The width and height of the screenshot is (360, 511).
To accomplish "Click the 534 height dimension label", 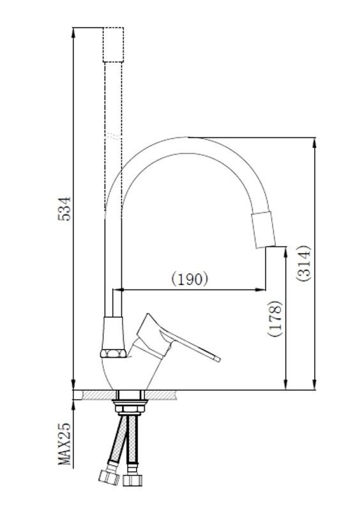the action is (64, 209).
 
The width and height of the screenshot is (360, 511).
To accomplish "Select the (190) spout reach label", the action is (190, 278).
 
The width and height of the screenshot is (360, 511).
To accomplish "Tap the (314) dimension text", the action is (304, 263).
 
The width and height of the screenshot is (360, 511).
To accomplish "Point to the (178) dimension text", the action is (274, 319).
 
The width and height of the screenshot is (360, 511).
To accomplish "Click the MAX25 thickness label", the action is (64, 444).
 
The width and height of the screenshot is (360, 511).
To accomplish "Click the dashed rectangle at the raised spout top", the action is (113, 45).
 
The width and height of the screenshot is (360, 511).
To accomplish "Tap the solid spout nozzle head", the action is (263, 229).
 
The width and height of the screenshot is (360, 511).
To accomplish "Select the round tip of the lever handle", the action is (217, 359).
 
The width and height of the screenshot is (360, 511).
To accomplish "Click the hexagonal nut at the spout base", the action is (113, 353).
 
